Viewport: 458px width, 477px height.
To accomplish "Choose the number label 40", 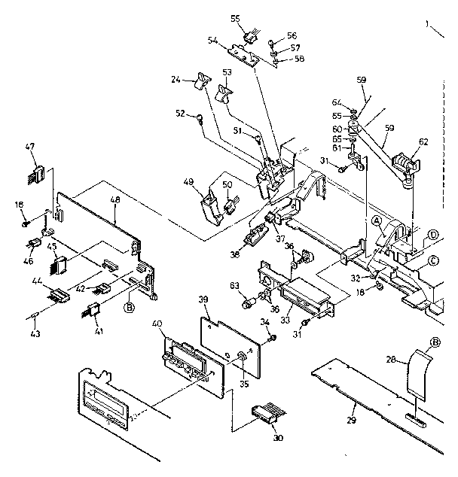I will pyautogui.click(x=157, y=324).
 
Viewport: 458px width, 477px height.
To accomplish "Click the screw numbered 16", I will pyautogui.click(x=26, y=223).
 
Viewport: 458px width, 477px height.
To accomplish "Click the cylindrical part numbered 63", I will pyautogui.click(x=246, y=305).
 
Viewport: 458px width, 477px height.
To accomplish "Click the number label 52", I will pyautogui.click(x=180, y=114).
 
